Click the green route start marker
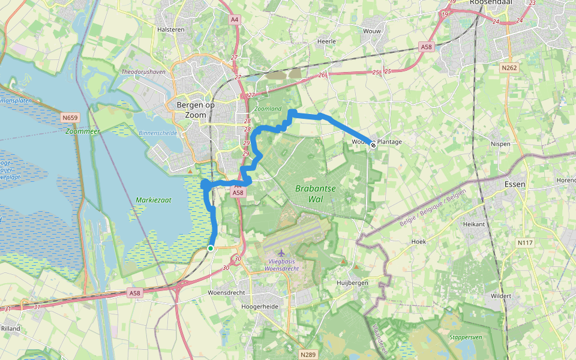(211, 248)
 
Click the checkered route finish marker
(373, 144)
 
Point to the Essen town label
(515, 184)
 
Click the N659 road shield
(71, 118)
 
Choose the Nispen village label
(500, 144)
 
